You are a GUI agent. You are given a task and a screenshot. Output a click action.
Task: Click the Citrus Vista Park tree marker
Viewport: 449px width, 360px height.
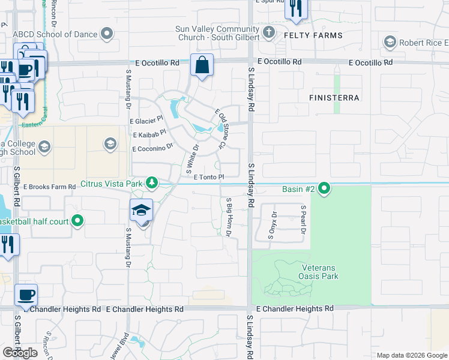click(x=152, y=182)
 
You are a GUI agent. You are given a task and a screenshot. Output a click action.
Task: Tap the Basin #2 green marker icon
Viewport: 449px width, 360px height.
click(x=325, y=189)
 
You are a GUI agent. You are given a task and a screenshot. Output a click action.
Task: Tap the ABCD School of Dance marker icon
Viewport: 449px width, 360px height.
click(x=107, y=34)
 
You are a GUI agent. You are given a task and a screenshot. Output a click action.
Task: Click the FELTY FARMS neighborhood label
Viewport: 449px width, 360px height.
click(x=317, y=35)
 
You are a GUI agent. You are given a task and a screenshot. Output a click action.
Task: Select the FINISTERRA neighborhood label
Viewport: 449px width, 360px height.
click(x=334, y=97)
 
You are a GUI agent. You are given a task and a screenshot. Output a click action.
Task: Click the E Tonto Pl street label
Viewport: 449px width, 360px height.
click(x=209, y=177)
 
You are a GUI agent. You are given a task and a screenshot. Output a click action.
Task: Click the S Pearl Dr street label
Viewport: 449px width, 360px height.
click(x=304, y=220)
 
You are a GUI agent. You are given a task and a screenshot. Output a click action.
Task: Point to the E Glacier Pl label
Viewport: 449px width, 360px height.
click(x=146, y=121)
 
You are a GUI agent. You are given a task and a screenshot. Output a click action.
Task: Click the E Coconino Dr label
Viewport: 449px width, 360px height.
click(x=152, y=148)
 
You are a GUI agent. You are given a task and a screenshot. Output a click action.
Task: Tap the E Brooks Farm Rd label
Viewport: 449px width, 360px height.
click(x=50, y=187)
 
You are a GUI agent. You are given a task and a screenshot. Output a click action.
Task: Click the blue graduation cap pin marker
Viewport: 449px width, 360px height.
click(x=141, y=211)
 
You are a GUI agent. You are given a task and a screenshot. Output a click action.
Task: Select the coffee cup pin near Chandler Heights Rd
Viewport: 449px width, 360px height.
click(x=26, y=295)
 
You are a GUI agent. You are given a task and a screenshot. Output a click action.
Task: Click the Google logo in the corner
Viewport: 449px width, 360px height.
click(x=20, y=353)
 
